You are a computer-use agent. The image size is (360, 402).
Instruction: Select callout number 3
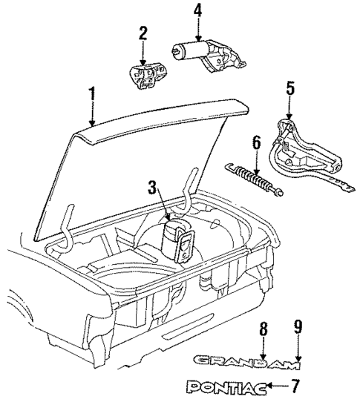[x=152, y=189]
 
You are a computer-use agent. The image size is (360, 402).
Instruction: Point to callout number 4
[x=197, y=11]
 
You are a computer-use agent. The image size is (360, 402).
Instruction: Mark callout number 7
[x=296, y=386]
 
